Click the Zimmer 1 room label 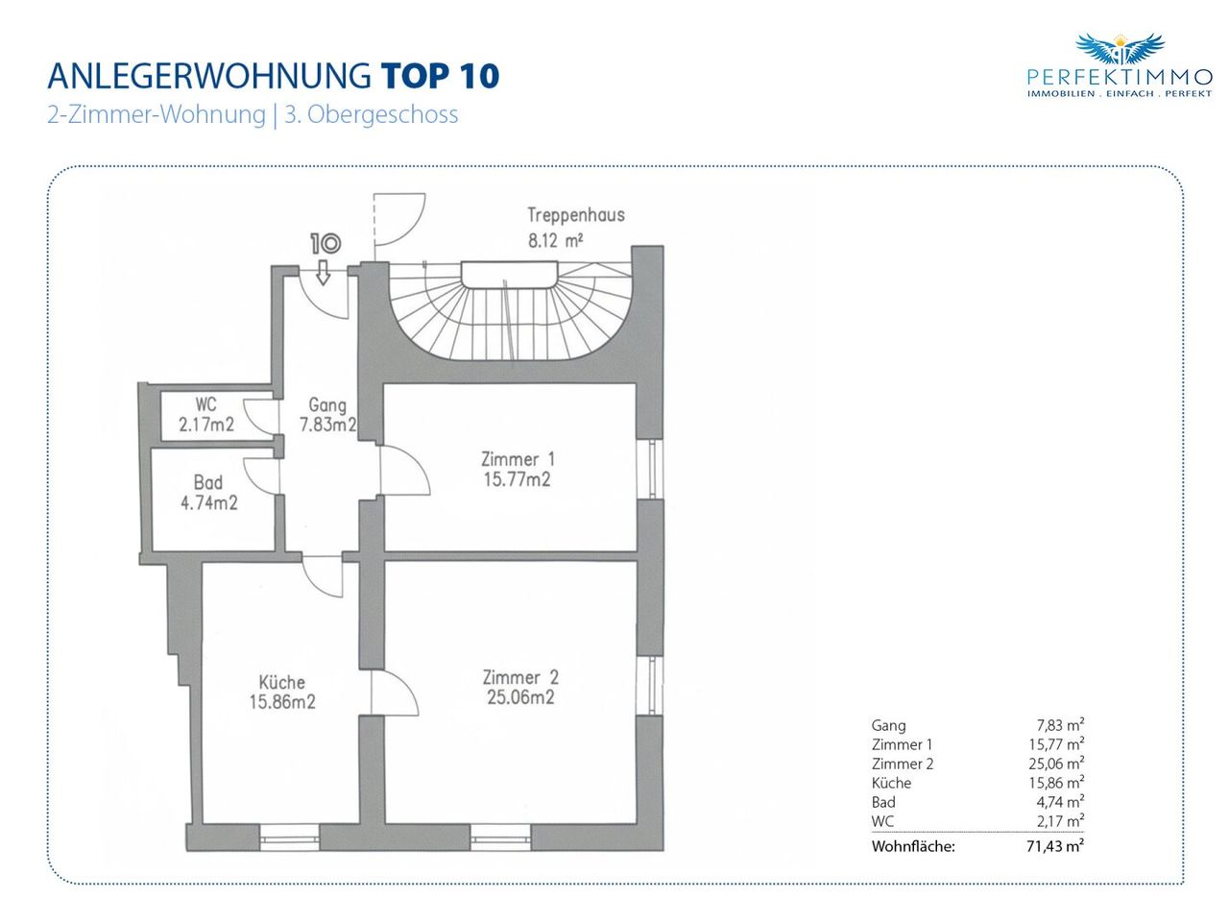(518, 460)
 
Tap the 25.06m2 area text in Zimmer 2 (520, 697)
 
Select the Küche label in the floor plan (282, 682)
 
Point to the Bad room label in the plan (208, 482)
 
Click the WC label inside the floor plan (206, 404)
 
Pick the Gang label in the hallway (327, 404)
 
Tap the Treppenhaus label (576, 215)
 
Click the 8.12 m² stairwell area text (555, 241)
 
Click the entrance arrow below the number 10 (323, 272)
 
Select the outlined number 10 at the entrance (325, 244)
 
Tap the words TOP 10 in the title (440, 76)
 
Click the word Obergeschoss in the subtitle (383, 115)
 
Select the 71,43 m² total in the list (1055, 846)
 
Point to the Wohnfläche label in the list (913, 846)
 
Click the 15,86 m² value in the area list (1056, 783)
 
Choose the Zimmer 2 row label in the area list (903, 764)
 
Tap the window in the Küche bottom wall (289, 837)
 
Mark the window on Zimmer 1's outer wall (650, 469)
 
